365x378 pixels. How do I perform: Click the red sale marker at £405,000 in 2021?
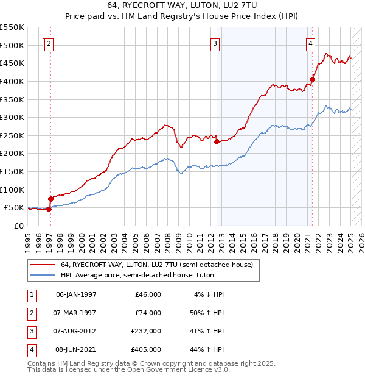[312, 79]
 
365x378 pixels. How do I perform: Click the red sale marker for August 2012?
[217, 141]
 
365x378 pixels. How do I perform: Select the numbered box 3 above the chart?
[215, 43]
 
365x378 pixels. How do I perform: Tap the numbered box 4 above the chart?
[310, 43]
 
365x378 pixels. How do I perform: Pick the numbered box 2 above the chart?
[49, 43]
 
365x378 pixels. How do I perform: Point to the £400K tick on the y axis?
[12, 81]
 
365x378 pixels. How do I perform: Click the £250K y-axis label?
[12, 135]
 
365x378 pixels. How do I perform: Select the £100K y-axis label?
[12, 190]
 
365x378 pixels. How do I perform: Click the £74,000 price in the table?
[148, 313]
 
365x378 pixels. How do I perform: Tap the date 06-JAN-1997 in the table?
[76, 294]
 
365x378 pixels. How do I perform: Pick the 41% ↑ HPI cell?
[207, 331]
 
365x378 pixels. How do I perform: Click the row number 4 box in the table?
[30, 350]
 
